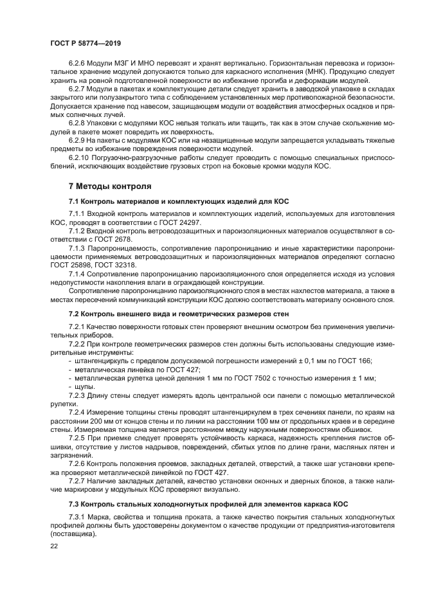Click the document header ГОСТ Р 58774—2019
(86, 42)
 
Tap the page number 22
(55, 545)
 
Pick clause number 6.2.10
(81, 157)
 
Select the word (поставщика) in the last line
(76, 533)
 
